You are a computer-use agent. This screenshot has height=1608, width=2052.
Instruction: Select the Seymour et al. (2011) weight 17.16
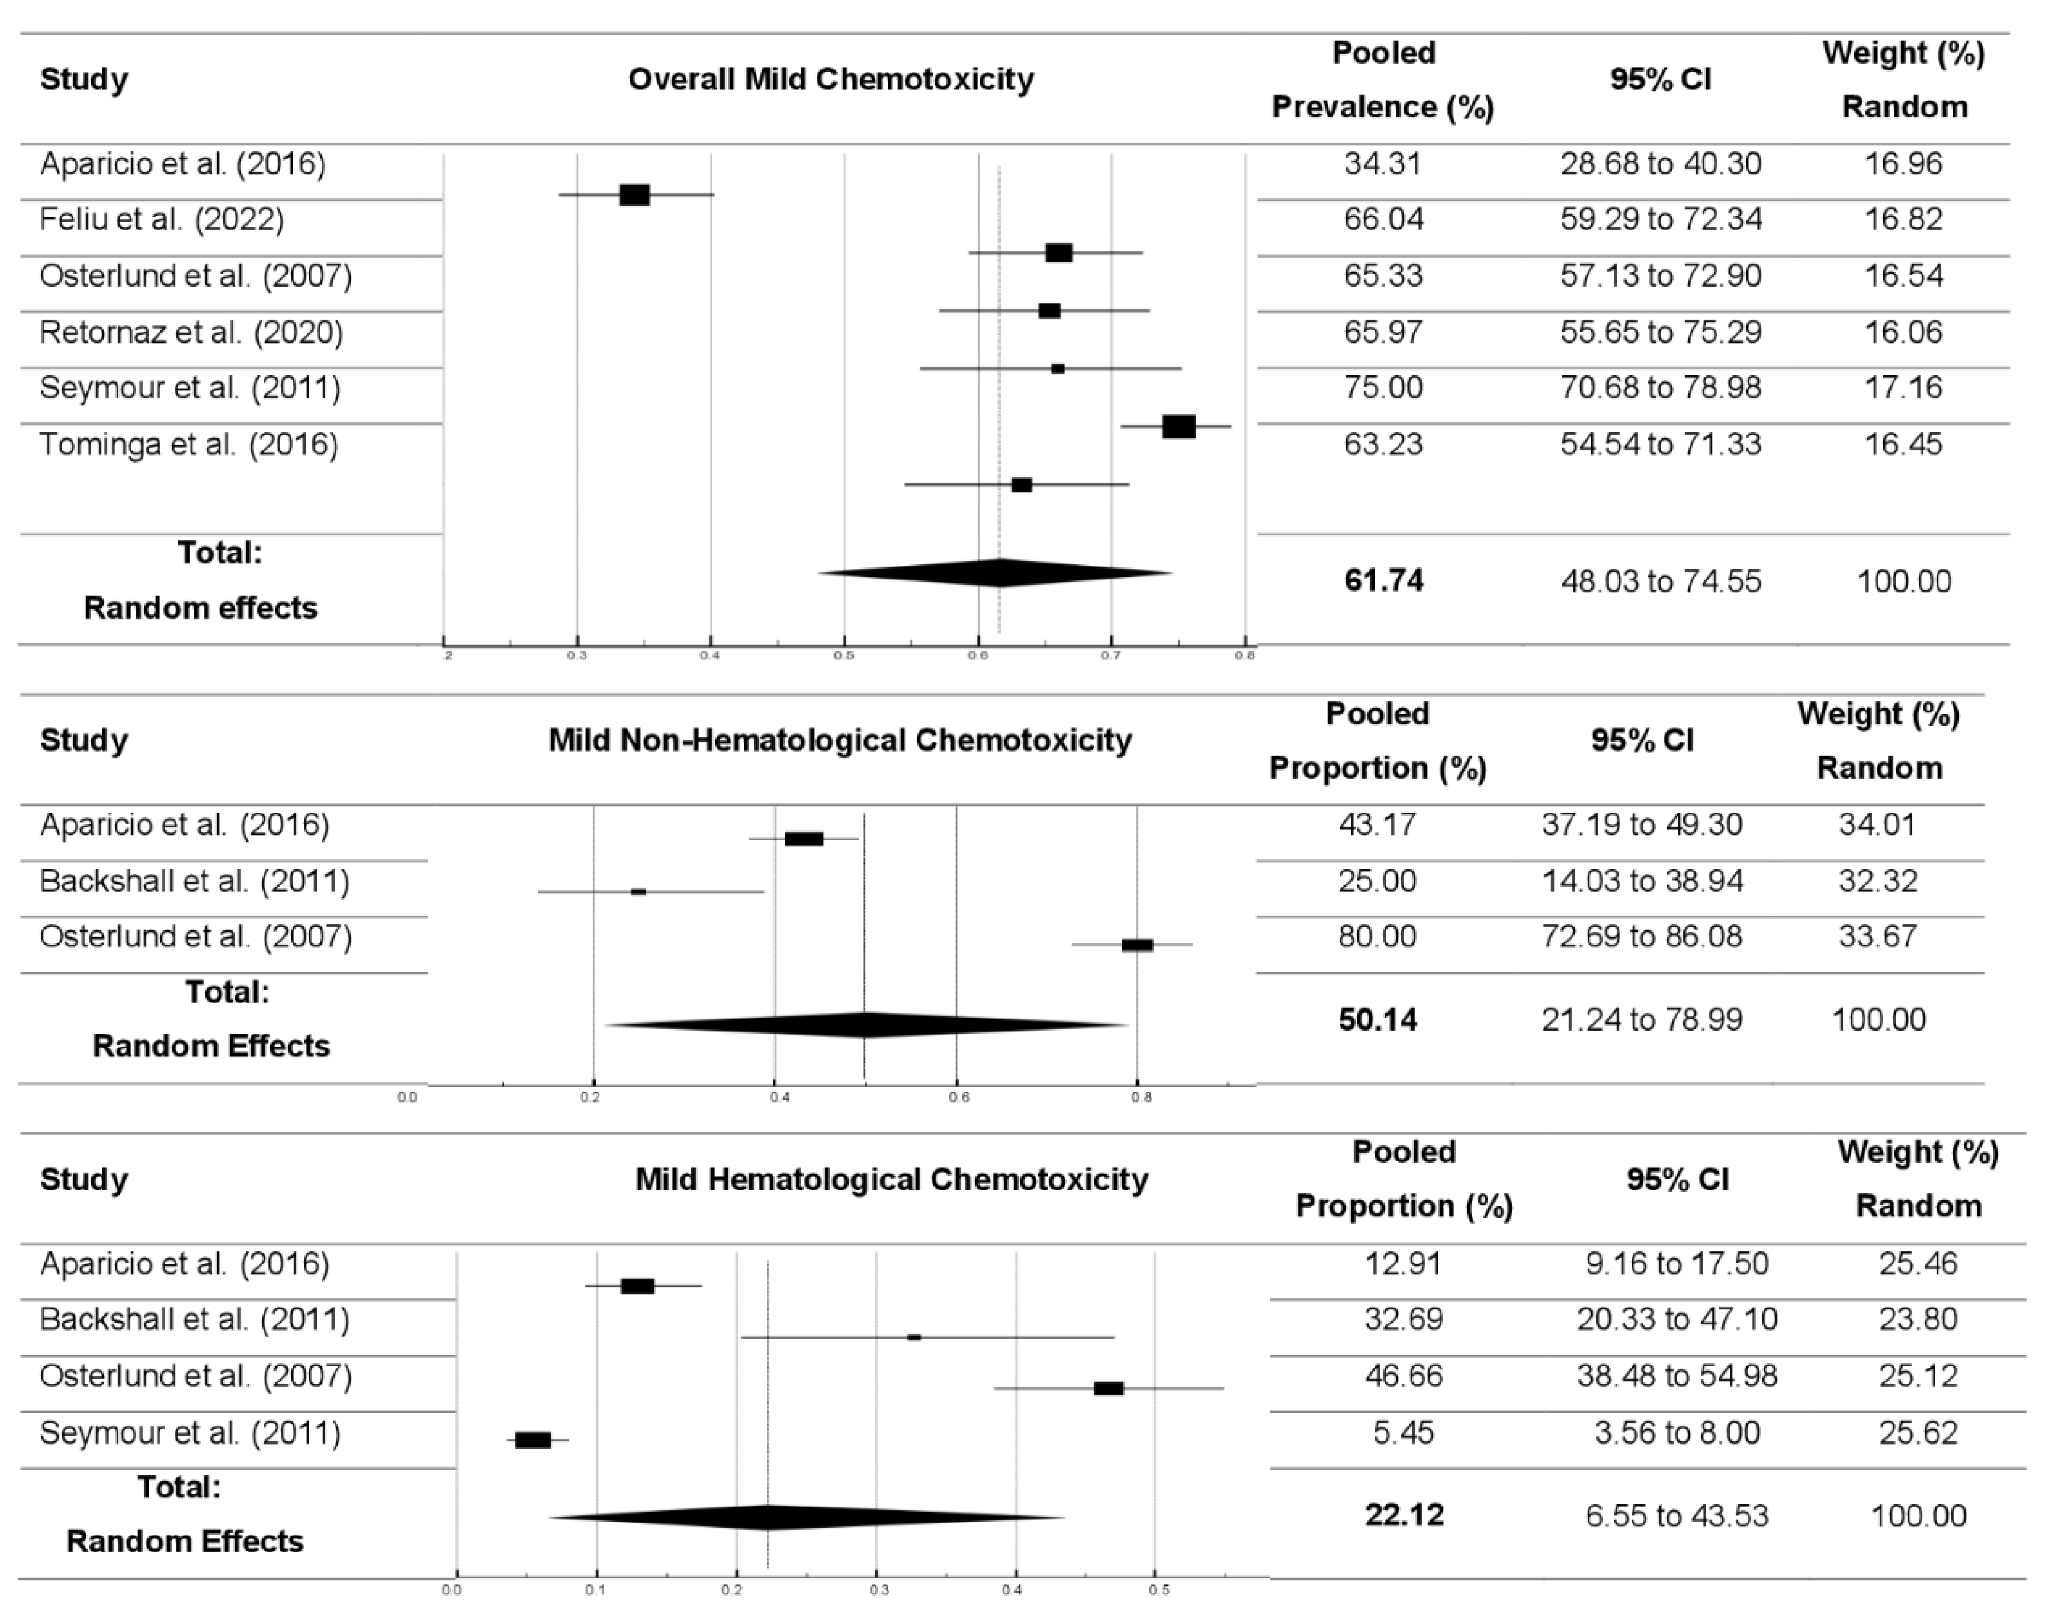pyautogui.click(x=1903, y=388)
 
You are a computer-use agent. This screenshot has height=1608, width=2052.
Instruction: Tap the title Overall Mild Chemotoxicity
pyautogui.click(x=830, y=79)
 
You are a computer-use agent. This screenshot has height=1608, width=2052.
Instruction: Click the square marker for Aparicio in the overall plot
pyautogui.click(x=634, y=195)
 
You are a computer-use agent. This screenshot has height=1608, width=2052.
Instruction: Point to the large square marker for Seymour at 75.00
pyautogui.click(x=1178, y=426)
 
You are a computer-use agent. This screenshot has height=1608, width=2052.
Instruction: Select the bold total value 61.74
pyautogui.click(x=1383, y=580)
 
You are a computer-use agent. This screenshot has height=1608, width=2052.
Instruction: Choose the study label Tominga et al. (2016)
pyautogui.click(x=188, y=444)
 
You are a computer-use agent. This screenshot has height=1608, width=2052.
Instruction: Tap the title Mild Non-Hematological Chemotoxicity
pyautogui.click(x=840, y=740)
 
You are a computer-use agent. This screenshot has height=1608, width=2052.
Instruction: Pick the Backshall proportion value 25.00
pyautogui.click(x=1377, y=881)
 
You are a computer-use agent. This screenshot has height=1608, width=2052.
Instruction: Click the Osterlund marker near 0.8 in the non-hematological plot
pyautogui.click(x=1137, y=945)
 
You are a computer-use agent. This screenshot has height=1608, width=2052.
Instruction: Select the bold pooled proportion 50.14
pyautogui.click(x=1377, y=1020)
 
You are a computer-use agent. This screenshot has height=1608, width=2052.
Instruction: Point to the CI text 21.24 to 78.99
pyautogui.click(x=1642, y=1020)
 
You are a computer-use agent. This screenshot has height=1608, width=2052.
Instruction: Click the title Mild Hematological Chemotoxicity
pyautogui.click(x=891, y=1180)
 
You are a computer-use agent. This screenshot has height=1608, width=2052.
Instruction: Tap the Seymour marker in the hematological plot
pyautogui.click(x=533, y=1439)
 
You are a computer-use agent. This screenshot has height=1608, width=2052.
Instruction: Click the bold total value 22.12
pyautogui.click(x=1404, y=1515)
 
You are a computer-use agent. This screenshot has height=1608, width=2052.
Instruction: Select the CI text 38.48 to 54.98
pyautogui.click(x=1677, y=1376)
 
